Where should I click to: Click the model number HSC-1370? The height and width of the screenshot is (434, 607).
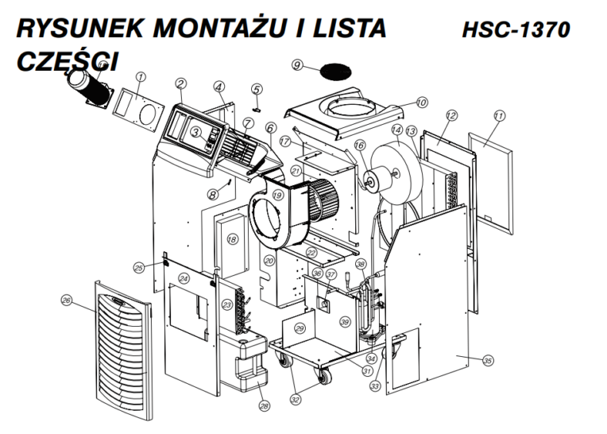tap(516, 30)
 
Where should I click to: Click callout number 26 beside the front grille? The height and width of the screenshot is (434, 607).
tap(67, 300)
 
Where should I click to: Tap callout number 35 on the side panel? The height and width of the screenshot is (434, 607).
tap(488, 360)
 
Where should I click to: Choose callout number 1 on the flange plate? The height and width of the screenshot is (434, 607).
tap(140, 77)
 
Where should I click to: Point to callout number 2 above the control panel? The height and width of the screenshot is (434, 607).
tap(181, 83)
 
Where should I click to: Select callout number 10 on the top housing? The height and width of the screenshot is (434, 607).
tap(421, 103)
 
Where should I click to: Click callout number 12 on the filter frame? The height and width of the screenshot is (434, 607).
tap(450, 116)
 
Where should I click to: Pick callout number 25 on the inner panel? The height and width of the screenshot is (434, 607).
tap(138, 266)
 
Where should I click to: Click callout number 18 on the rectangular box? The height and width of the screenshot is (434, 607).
tap(233, 239)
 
